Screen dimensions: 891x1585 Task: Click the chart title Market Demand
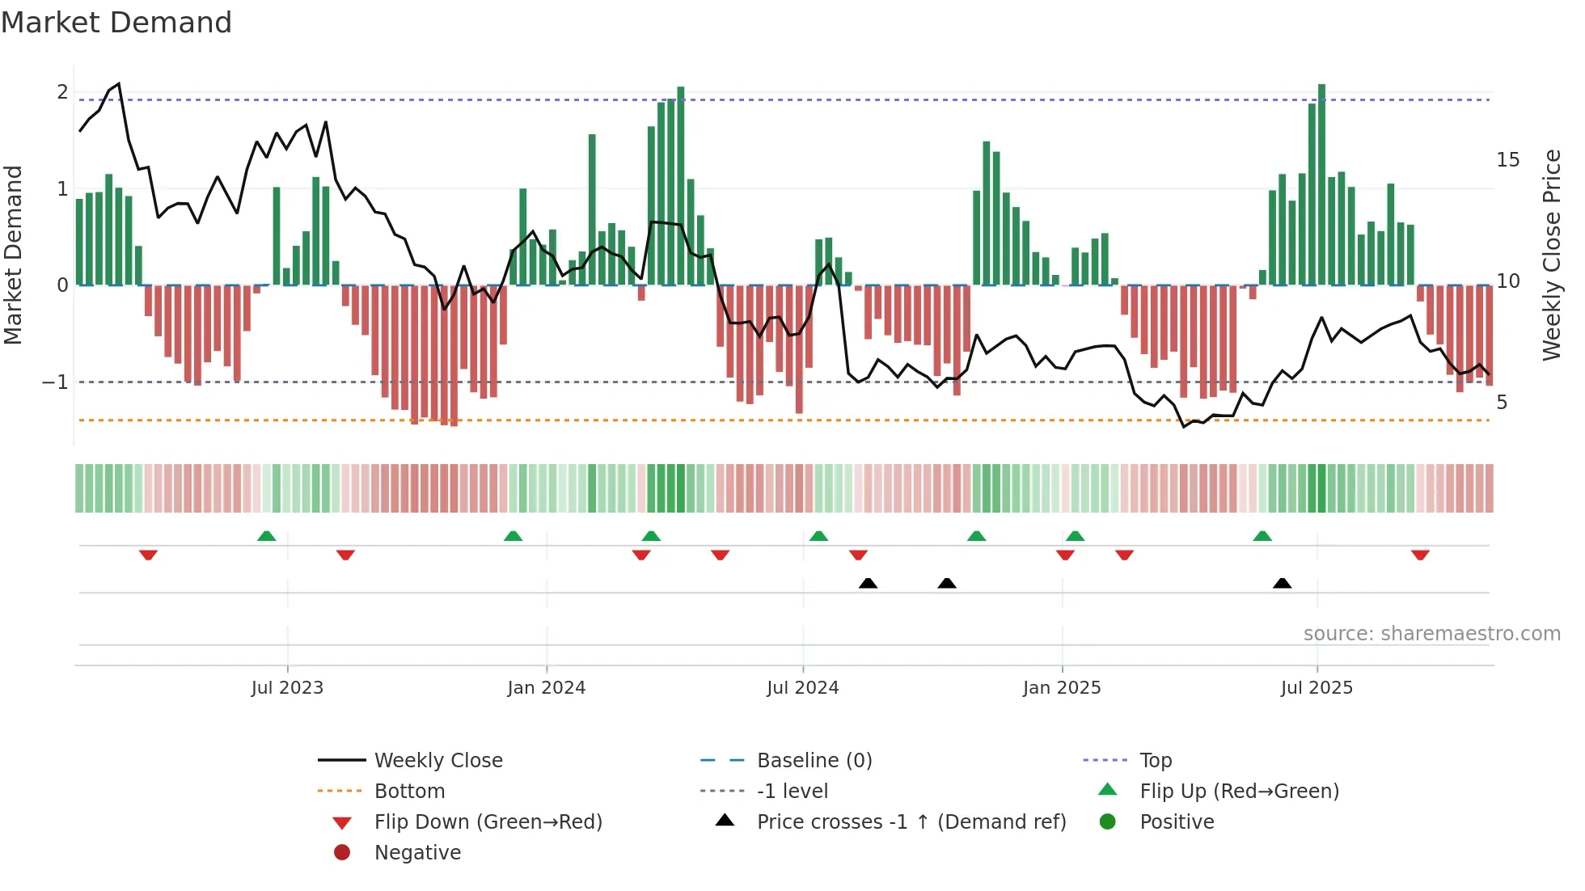[116, 23]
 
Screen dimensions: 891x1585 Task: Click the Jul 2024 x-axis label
[802, 688]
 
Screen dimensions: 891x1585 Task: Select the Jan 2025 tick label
[1061, 688]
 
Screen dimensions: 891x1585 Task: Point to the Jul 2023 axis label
[287, 688]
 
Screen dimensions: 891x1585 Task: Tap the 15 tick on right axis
[1507, 160]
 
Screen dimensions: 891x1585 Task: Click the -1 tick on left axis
[55, 382]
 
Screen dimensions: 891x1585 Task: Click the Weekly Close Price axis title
[1551, 255]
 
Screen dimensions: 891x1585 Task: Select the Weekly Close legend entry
[437, 760]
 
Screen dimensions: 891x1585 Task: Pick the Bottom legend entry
[409, 791]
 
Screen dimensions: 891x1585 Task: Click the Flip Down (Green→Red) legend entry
[488, 821]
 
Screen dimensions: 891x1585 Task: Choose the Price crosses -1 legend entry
[911, 821]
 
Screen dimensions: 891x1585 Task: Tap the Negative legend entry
[417, 852]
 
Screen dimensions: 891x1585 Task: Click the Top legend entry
[1155, 760]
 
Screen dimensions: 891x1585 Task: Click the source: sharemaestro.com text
[1431, 633]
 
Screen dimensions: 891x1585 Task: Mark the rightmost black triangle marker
[1282, 583]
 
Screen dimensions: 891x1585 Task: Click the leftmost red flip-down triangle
[148, 555]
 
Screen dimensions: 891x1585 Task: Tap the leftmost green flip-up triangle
[266, 536]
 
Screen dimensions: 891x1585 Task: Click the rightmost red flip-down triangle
[1420, 555]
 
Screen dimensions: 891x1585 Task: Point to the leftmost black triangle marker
[868, 583]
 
